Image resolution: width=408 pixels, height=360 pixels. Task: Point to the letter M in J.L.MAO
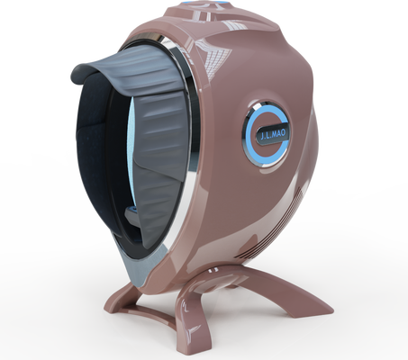273,135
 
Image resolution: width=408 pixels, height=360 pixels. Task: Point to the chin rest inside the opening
131,213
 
